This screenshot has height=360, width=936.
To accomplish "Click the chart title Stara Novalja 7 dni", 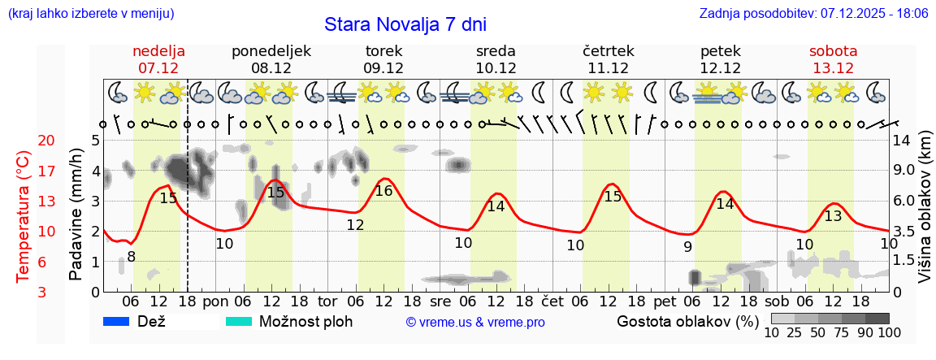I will point(405,24).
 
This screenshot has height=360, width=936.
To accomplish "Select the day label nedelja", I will point(158,51).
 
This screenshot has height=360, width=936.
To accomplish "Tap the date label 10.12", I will point(496,68).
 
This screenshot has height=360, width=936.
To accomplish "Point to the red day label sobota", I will point(833,51).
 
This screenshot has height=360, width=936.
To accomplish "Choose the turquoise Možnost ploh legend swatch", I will point(239,322).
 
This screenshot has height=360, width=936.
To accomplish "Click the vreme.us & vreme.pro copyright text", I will point(475,323).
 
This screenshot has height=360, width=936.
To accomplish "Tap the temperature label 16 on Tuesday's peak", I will point(384,191).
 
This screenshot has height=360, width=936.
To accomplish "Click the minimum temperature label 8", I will point(131,257).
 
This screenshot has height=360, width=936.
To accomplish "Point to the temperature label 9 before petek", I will point(687,247).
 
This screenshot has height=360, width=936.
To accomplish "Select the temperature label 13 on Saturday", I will point(833,216).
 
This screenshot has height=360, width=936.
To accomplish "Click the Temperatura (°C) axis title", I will point(24,216).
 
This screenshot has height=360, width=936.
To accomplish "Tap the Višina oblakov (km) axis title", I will point(925,216).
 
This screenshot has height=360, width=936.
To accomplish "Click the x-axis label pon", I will point(215,301).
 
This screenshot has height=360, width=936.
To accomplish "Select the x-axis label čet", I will point(552,301).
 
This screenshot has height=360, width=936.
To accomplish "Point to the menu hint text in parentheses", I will point(90,14).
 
